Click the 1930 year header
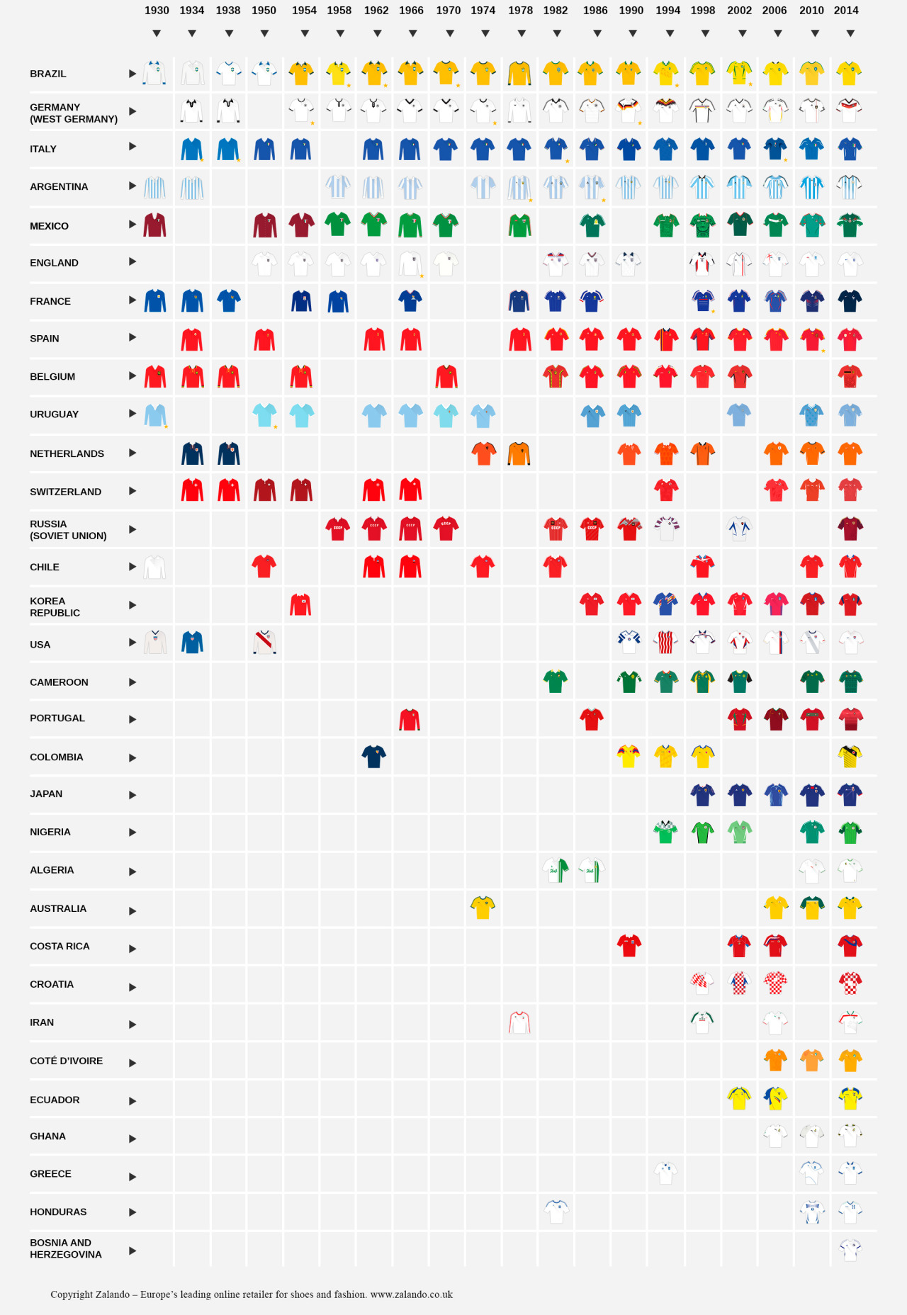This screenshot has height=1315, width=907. click(157, 11)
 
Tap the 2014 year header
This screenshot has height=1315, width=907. click(846, 11)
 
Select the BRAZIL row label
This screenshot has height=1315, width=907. click(48, 74)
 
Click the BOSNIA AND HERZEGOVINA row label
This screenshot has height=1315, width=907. click(65, 1248)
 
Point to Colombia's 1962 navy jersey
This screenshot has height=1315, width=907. click(374, 756)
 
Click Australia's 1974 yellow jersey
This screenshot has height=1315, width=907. click(483, 907)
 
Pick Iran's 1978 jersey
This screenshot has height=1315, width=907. click(519, 1022)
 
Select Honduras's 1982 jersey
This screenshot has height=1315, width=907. click(556, 1211)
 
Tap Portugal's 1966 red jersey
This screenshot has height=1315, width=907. click(410, 719)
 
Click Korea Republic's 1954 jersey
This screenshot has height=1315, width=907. click(300, 604)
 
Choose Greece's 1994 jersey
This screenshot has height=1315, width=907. click(665, 1173)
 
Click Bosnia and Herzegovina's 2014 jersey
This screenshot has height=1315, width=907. click(850, 1248)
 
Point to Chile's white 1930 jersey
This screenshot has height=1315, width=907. click(154, 567)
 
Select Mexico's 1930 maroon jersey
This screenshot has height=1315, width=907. click(154, 225)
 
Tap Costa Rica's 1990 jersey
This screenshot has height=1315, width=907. click(629, 945)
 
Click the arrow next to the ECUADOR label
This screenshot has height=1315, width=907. click(133, 1100)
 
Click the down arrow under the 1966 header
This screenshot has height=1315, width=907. click(412, 33)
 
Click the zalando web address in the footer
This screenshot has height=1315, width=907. click(411, 1294)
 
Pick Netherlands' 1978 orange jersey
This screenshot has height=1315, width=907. click(519, 453)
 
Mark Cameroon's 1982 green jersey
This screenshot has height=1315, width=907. click(556, 681)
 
